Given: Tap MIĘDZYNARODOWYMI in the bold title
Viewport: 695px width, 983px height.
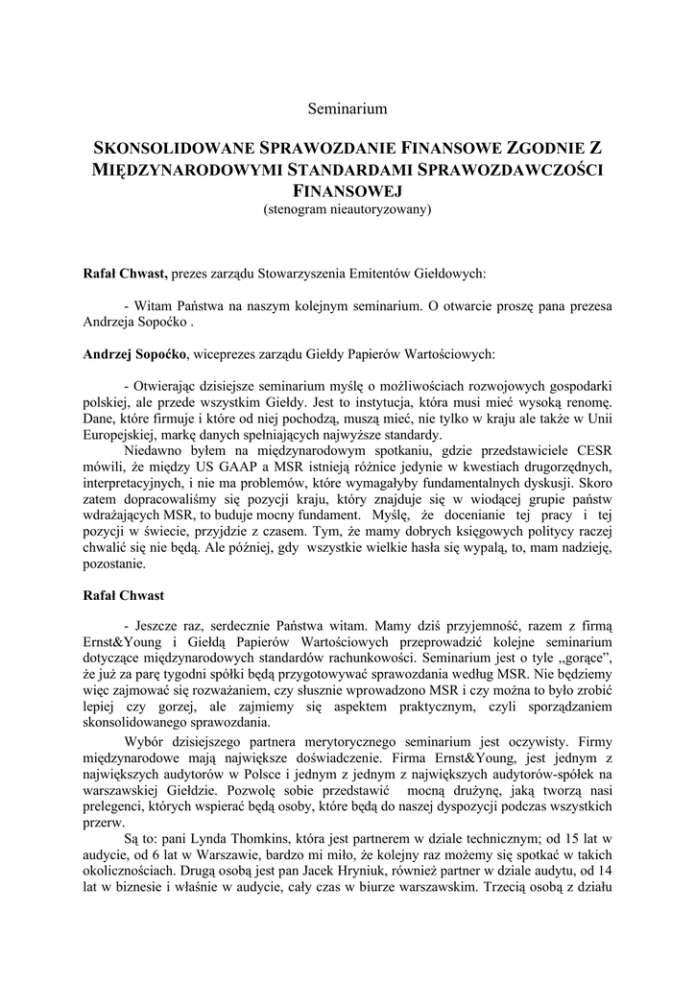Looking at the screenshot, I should [x=181, y=171].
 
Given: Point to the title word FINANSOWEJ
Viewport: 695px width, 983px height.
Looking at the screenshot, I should [x=347, y=192].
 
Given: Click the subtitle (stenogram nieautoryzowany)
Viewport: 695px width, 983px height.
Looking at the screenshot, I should [x=347, y=208].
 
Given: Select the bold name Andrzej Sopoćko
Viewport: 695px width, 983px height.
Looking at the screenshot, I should [x=135, y=354].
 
